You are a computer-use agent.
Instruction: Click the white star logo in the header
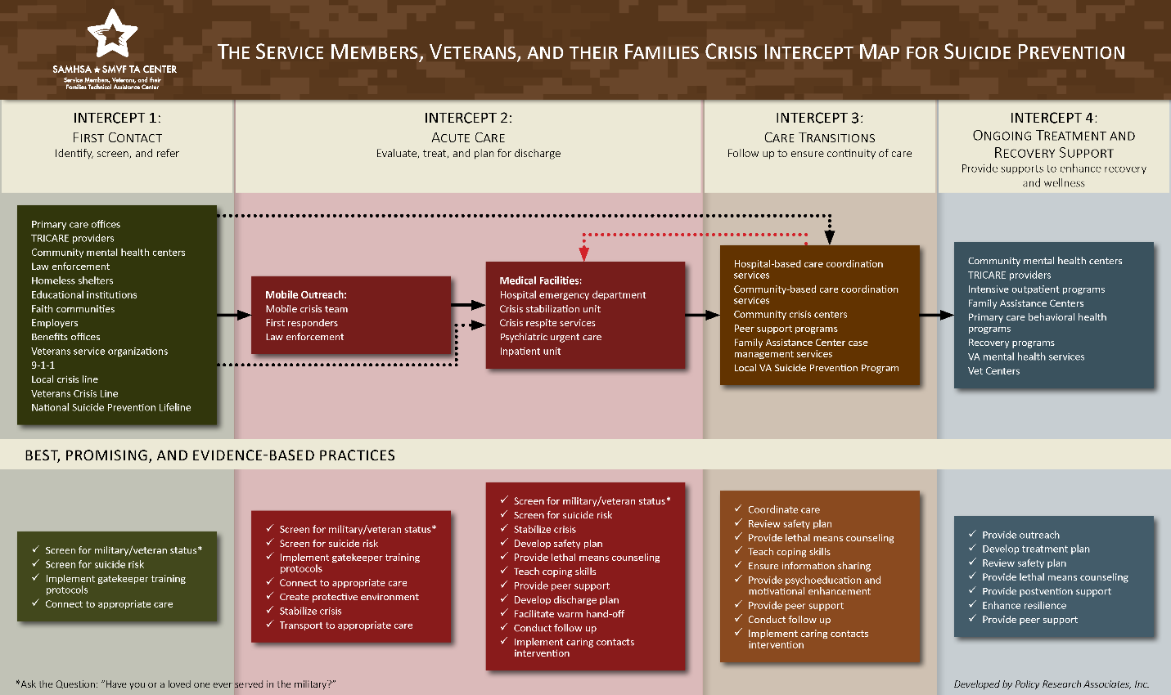(112, 34)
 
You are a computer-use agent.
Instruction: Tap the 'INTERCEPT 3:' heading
(819, 118)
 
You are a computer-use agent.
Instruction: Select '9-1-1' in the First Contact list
(43, 365)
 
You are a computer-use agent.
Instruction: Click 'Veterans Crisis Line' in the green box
(74, 393)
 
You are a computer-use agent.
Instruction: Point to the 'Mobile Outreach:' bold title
(306, 294)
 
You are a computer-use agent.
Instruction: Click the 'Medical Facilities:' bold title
(541, 280)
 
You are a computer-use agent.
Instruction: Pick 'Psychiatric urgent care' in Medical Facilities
(551, 337)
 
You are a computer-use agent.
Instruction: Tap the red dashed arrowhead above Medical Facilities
(584, 254)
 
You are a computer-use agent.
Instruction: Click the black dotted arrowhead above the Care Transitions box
(830, 238)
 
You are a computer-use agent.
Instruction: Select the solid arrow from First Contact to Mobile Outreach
(234, 315)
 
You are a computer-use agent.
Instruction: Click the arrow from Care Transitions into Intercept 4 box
(937, 315)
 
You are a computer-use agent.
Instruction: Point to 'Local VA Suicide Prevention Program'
(816, 368)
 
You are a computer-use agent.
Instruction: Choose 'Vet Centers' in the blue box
(993, 370)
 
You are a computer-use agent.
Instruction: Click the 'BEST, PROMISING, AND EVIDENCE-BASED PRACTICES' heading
(210, 455)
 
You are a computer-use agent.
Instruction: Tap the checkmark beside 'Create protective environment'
(270, 596)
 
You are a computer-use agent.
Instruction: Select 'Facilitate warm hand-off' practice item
(569, 613)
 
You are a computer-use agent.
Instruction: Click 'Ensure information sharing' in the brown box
(809, 566)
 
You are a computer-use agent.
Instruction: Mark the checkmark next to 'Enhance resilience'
(972, 604)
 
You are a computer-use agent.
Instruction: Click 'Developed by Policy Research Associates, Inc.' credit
(1052, 684)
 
